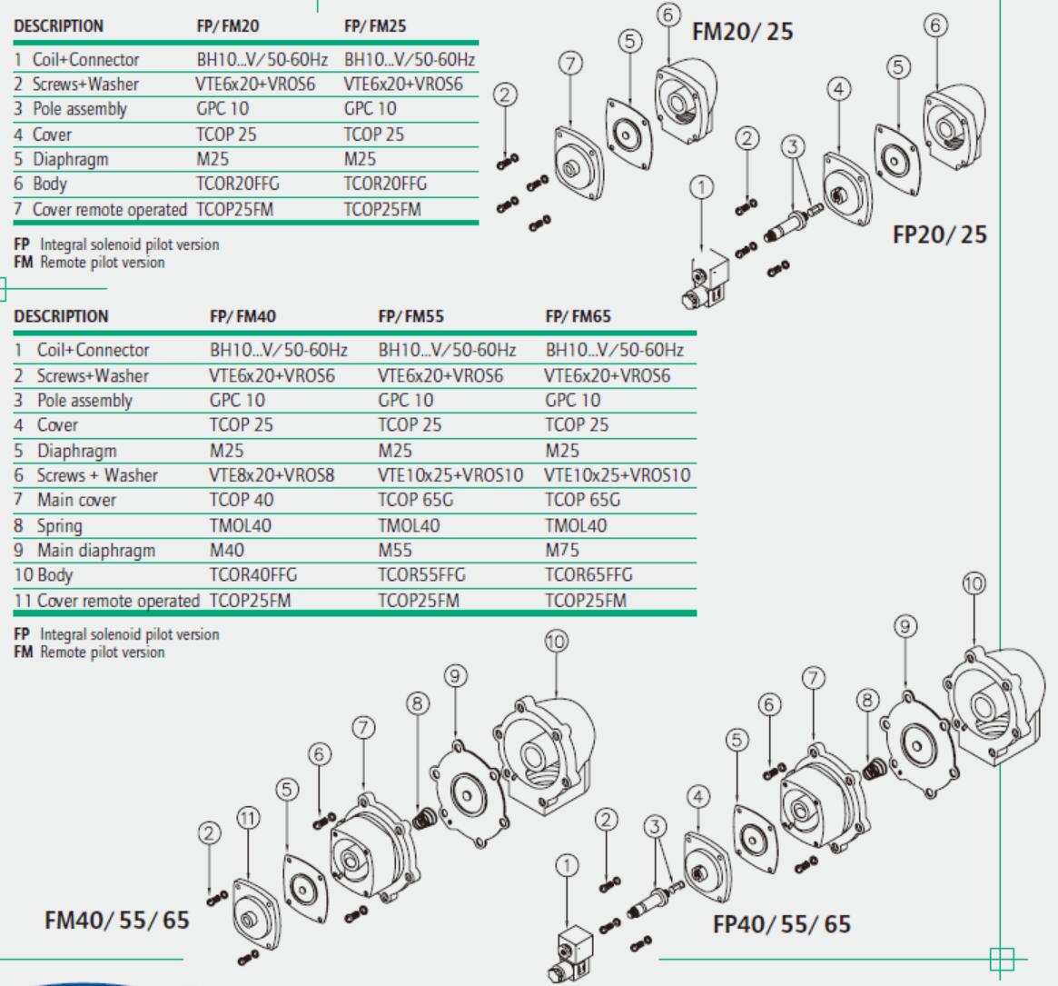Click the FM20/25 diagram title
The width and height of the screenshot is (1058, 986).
tap(742, 32)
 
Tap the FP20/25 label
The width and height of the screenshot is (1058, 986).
tap(940, 234)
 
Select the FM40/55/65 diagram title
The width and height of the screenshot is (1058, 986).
tap(117, 920)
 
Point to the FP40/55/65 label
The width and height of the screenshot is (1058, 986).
tap(782, 924)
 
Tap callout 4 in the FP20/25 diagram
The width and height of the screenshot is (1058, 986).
tap(839, 89)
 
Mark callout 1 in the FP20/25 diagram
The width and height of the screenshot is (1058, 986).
tap(701, 188)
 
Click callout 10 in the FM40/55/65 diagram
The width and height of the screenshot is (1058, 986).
tap(556, 642)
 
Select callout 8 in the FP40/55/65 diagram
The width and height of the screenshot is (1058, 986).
tap(868, 700)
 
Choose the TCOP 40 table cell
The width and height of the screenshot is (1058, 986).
tap(242, 500)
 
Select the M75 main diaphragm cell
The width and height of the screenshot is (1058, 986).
tap(562, 550)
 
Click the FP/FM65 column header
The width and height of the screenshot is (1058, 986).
tap(578, 316)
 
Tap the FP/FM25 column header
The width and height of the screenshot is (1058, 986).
tap(375, 26)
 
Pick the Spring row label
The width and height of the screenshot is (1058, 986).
tap(59, 525)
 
